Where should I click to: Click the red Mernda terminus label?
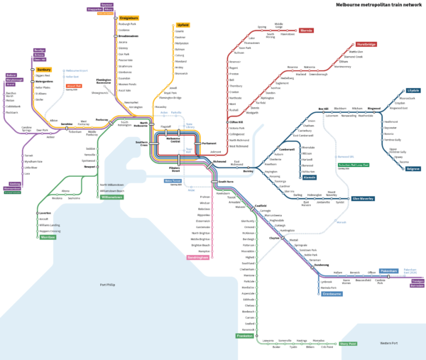[306, 31]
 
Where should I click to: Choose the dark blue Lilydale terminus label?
[413, 91]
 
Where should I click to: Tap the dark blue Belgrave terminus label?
[413, 168]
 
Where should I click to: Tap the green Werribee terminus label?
[48, 237]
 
